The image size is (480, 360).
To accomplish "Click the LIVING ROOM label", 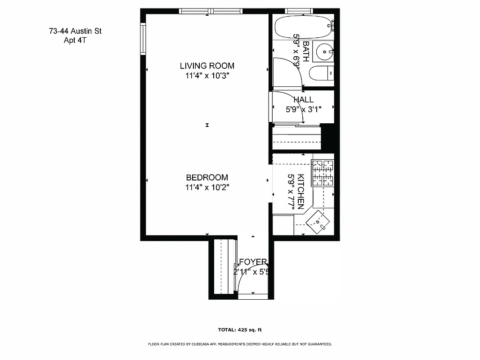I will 207,66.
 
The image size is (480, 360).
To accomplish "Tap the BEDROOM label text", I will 207,177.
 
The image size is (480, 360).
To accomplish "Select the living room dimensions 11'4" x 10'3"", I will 207,76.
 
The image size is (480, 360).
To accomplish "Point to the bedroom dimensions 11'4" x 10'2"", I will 207,188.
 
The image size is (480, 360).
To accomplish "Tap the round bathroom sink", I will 324,52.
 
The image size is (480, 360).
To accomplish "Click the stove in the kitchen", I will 323,174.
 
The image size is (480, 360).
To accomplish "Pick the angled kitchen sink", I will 319,221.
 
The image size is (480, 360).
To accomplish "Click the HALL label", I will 304,99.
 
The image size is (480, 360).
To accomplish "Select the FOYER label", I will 253,262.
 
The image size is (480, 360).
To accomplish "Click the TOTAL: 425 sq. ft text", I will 240,329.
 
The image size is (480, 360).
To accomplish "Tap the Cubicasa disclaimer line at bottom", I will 240,344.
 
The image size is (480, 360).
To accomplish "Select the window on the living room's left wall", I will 143,39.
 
